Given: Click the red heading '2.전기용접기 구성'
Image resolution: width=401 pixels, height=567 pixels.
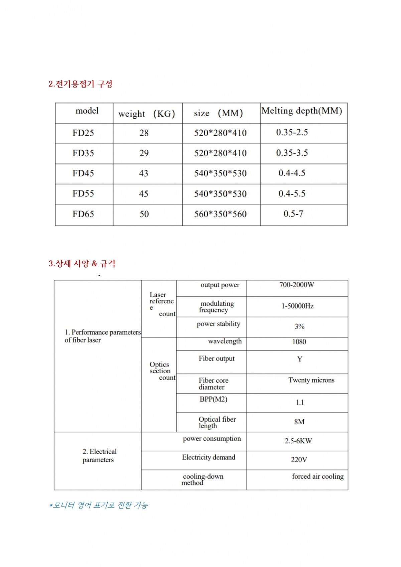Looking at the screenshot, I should click(x=80, y=84).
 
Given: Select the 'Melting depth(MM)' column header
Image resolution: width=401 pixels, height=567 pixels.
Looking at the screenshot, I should click(x=302, y=111).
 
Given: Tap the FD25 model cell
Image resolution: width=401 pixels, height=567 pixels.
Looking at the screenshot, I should click(x=83, y=133).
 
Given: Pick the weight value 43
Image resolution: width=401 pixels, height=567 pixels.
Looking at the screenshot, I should click(x=144, y=173).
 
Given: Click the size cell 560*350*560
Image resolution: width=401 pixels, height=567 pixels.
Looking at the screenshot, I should click(x=221, y=214).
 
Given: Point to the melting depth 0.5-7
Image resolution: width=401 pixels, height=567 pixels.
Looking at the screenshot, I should click(x=293, y=214).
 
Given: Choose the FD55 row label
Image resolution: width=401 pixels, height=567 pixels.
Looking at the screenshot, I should click(x=83, y=194).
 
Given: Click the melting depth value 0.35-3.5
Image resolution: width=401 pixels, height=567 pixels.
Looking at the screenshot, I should click(x=292, y=153).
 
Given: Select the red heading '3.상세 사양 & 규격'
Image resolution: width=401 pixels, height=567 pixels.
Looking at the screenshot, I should click(x=82, y=264).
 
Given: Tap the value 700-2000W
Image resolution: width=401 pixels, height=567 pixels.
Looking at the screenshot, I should click(x=297, y=285).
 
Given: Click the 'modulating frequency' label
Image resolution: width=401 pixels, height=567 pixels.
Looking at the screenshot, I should click(x=216, y=307).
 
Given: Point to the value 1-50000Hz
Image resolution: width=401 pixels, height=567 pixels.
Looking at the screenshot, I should click(x=297, y=306).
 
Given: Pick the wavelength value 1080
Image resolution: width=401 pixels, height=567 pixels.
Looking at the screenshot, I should click(x=299, y=342).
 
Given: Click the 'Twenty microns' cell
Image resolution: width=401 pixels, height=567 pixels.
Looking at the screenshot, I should click(x=311, y=380).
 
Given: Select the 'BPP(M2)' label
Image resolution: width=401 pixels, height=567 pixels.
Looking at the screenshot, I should click(x=214, y=399).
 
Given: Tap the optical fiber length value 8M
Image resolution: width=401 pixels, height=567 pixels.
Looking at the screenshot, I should click(x=299, y=422).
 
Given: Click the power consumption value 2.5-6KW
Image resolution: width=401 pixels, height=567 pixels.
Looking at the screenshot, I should click(x=298, y=441).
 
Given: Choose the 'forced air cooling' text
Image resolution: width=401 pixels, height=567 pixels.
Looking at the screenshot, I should click(x=318, y=476).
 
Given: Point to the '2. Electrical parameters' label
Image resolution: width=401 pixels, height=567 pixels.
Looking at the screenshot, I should click(x=99, y=456).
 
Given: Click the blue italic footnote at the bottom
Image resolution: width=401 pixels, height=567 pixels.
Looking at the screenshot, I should click(x=99, y=505).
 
